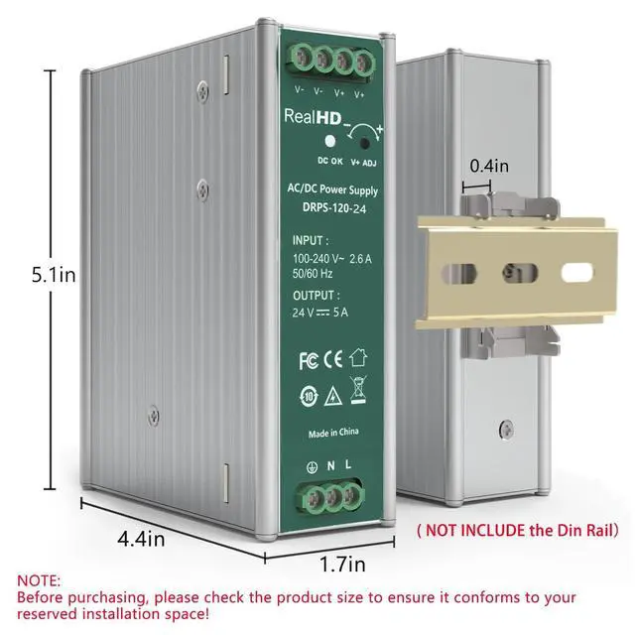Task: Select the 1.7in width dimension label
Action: tap(342, 565)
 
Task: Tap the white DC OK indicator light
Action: tap(327, 142)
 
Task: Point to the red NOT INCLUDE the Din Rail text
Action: tap(517, 530)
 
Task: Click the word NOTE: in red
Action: tap(39, 581)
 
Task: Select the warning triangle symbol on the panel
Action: tap(333, 393)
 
